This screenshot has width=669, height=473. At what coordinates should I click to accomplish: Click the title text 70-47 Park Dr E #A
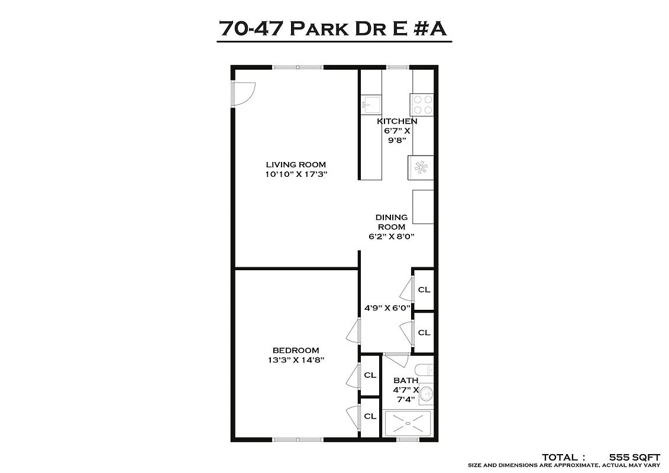tap(334, 28)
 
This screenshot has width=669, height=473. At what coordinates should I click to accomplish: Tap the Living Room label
tap(296, 164)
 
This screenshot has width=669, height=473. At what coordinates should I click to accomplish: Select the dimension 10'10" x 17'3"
tap(296, 174)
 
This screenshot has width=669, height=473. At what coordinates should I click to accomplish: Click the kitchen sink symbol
tap(371, 106)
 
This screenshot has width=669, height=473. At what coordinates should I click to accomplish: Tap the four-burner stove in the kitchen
tap(422, 105)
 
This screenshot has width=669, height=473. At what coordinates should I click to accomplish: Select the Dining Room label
tap(392, 222)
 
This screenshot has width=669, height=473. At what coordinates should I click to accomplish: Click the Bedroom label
tap(296, 350)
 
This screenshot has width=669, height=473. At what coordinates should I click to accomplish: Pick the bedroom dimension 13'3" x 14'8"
tap(296, 359)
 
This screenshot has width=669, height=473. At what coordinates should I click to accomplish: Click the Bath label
tap(406, 380)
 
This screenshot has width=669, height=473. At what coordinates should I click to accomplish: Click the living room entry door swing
tap(243, 93)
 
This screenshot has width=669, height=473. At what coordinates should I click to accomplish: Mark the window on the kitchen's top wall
tap(397, 67)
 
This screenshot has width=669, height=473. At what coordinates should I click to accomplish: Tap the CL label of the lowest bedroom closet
tap(370, 416)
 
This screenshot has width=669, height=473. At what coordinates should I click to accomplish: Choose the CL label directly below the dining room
tap(424, 290)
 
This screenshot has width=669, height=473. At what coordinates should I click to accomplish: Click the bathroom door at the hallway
tap(396, 359)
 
